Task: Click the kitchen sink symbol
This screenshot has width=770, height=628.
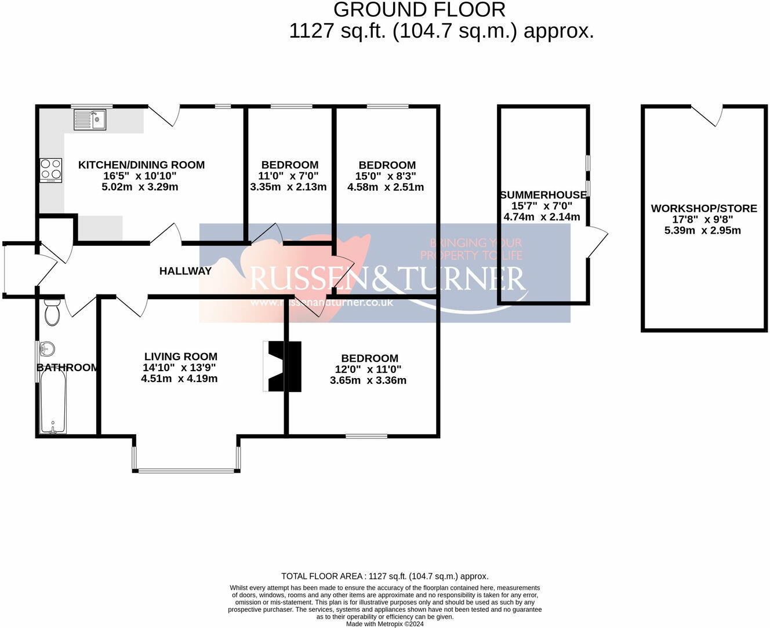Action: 90,120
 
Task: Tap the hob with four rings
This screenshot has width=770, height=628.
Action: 50,170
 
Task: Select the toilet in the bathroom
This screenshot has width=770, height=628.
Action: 52,313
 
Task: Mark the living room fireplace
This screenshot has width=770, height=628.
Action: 284,366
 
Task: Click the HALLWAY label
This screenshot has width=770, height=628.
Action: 186,271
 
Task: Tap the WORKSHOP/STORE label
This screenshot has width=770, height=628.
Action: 704,209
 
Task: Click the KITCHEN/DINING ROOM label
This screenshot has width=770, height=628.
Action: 141,165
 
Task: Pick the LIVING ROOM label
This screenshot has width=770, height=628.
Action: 181,357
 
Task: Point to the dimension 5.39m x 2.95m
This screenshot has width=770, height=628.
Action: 703,230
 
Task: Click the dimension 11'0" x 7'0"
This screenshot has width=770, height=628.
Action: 288,176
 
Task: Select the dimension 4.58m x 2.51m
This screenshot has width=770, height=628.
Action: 386,187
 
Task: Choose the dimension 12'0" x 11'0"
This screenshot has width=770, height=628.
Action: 368,369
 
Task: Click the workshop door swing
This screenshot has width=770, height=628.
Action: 707,115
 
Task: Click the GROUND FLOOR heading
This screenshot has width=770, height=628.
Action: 420,10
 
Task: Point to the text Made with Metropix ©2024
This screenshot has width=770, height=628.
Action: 385,624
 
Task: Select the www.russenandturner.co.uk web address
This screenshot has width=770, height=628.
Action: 322,302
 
